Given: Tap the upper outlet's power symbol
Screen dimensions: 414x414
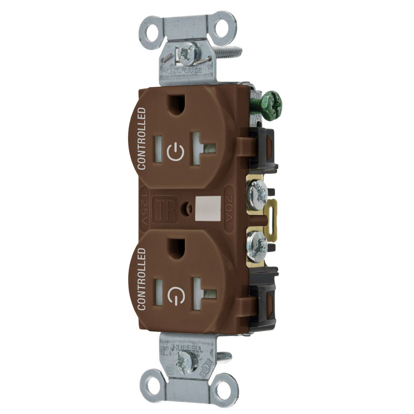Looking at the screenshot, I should coord(176,152).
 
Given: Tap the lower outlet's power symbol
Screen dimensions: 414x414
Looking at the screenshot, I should coord(176,293).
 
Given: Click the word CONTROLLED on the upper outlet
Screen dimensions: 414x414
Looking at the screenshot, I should coord(141,138).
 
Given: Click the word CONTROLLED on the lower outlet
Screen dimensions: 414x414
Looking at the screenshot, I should coord(141,279).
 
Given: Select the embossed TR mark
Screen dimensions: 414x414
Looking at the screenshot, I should coord(166,209).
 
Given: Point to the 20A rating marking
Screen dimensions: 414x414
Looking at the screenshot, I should coord(228,209).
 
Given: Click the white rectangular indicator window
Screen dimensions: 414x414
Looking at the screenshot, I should coord(208,209).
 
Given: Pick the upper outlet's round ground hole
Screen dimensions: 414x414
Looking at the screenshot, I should coord(177,103).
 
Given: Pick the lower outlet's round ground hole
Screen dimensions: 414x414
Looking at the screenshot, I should coord(176,248).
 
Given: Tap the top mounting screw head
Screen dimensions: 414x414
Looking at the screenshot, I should coord(188,53).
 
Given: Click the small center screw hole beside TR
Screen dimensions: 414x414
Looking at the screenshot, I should coord(188,208).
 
